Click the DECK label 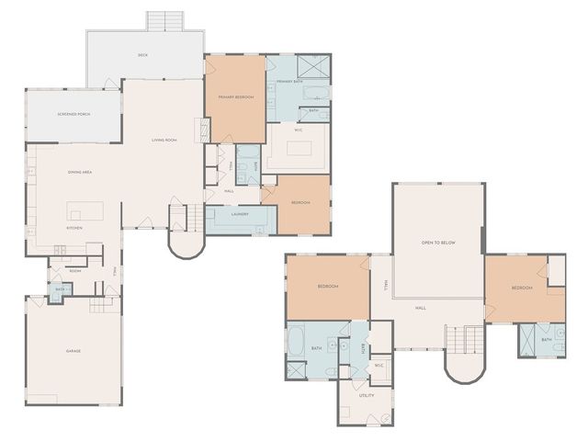tap(142, 55)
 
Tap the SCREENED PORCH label tap(73, 114)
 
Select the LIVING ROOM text tap(164, 140)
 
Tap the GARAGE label tap(73, 351)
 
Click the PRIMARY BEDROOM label tap(235, 96)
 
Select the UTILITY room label tap(367, 395)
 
